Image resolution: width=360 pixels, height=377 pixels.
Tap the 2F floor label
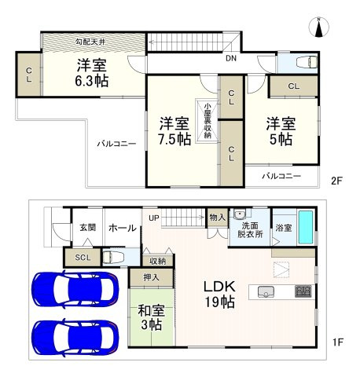(x=336, y=180)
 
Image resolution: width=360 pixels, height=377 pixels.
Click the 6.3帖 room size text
(x=92, y=80)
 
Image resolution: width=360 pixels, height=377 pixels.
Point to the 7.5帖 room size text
(x=174, y=139)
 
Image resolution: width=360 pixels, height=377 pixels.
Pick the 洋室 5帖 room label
(x=280, y=130)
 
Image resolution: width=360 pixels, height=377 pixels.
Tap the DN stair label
(x=231, y=59)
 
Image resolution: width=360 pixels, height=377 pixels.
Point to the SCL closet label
(x=82, y=258)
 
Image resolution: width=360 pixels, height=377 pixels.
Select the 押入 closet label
(x=151, y=277)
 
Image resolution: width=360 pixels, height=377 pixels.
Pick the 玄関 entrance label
(x=86, y=228)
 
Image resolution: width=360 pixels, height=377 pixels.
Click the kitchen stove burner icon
(x=303, y=292)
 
